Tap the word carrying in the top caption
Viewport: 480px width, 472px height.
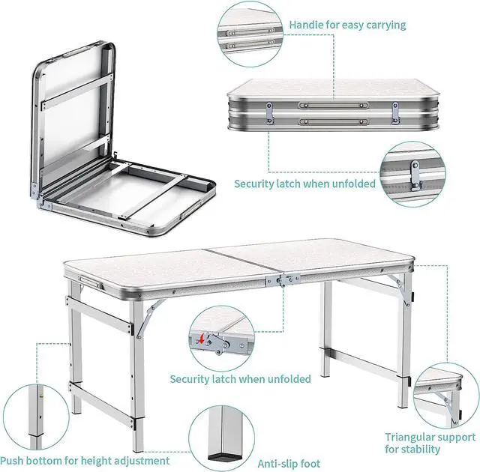click(x=383, y=25)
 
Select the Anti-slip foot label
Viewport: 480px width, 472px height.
click(x=289, y=463)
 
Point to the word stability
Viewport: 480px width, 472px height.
click(x=423, y=450)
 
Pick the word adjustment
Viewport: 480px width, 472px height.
click(x=142, y=460)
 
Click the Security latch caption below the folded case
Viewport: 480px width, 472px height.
click(x=304, y=184)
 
